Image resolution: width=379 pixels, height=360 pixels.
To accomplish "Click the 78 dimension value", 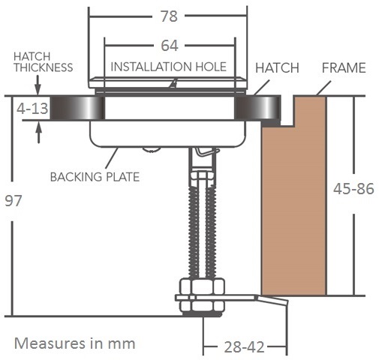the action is [x=169, y=16].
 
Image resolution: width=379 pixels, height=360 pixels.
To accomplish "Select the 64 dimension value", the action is [x=170, y=46].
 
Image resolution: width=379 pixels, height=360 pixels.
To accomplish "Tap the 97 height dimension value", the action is [x=14, y=201].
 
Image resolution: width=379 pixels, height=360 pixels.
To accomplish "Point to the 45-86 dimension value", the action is [x=353, y=189].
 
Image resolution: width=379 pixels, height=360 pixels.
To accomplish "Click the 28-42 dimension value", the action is [x=244, y=347].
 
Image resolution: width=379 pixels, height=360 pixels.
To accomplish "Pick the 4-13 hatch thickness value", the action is [x=32, y=109].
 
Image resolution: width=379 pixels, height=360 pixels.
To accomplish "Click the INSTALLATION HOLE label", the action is [x=168, y=67].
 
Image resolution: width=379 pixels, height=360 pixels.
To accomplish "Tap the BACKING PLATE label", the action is [x=95, y=177].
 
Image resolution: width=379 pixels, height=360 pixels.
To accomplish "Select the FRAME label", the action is [x=344, y=67].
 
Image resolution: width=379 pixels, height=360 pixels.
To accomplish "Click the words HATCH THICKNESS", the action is [x=44, y=62].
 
